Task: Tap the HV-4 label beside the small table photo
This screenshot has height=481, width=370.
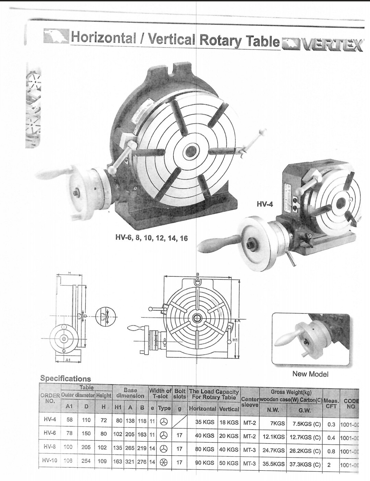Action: (265, 204)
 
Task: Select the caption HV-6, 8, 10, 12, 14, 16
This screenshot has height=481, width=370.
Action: (152, 238)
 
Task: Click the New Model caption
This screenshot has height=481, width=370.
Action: (310, 374)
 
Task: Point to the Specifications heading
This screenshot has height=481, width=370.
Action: (66, 379)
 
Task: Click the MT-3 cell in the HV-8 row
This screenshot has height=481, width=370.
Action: (249, 448)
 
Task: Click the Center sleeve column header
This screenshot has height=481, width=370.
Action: (250, 402)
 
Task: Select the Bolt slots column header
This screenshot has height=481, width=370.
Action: (180, 393)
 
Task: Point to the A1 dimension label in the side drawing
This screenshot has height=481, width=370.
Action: (68, 360)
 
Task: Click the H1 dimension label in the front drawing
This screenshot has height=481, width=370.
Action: (235, 340)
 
